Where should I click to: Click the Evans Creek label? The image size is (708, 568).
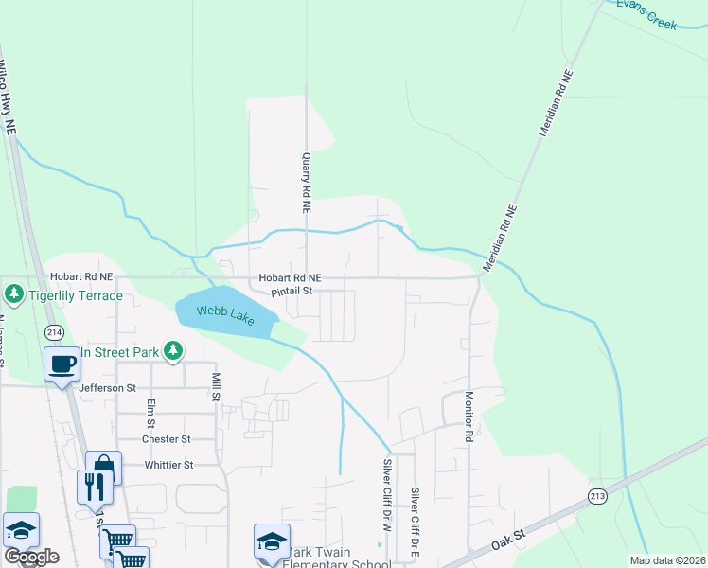pyautogui.click(x=647, y=13)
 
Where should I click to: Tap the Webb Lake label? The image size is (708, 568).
pyautogui.click(x=225, y=315)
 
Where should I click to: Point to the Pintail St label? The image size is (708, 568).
pyautogui.click(x=292, y=292)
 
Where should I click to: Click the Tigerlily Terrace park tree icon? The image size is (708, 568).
pyautogui.click(x=13, y=295)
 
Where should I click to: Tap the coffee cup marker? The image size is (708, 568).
pyautogui.click(x=62, y=364)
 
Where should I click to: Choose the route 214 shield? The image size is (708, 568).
pyautogui.click(x=54, y=332)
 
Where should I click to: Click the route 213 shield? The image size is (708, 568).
pyautogui.click(x=596, y=496)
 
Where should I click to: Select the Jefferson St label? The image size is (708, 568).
pyautogui.click(x=108, y=388)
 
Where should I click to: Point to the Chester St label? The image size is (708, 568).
pyautogui.click(x=166, y=439)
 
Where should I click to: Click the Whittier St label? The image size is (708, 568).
pyautogui.click(x=168, y=465)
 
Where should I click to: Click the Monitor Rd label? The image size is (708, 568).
pyautogui.click(x=468, y=417)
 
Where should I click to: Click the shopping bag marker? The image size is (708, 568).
pyautogui.click(x=103, y=468)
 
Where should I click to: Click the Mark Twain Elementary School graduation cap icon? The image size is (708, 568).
pyautogui.click(x=272, y=541)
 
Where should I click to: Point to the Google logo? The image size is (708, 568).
pyautogui.click(x=30, y=557)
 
